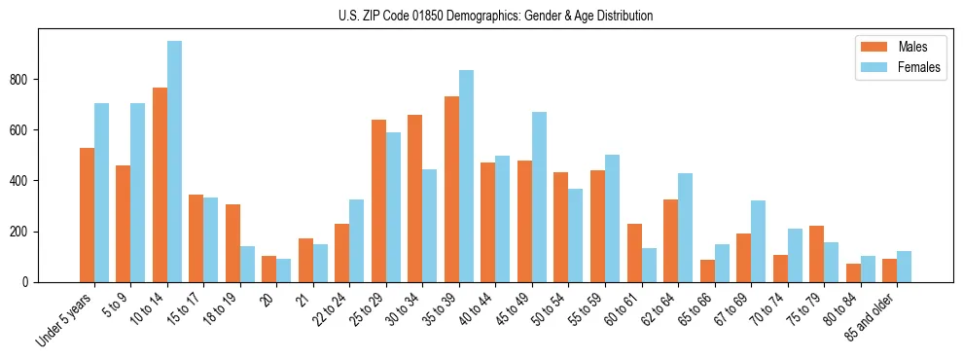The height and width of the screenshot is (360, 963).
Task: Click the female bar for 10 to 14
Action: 174,162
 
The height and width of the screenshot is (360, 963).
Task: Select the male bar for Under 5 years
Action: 87,215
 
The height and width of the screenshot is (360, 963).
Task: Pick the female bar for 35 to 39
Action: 466,176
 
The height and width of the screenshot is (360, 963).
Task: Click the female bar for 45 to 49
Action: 539,197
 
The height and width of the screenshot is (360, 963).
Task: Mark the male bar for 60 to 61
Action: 634,253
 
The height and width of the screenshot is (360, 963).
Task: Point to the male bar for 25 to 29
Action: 378,200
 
